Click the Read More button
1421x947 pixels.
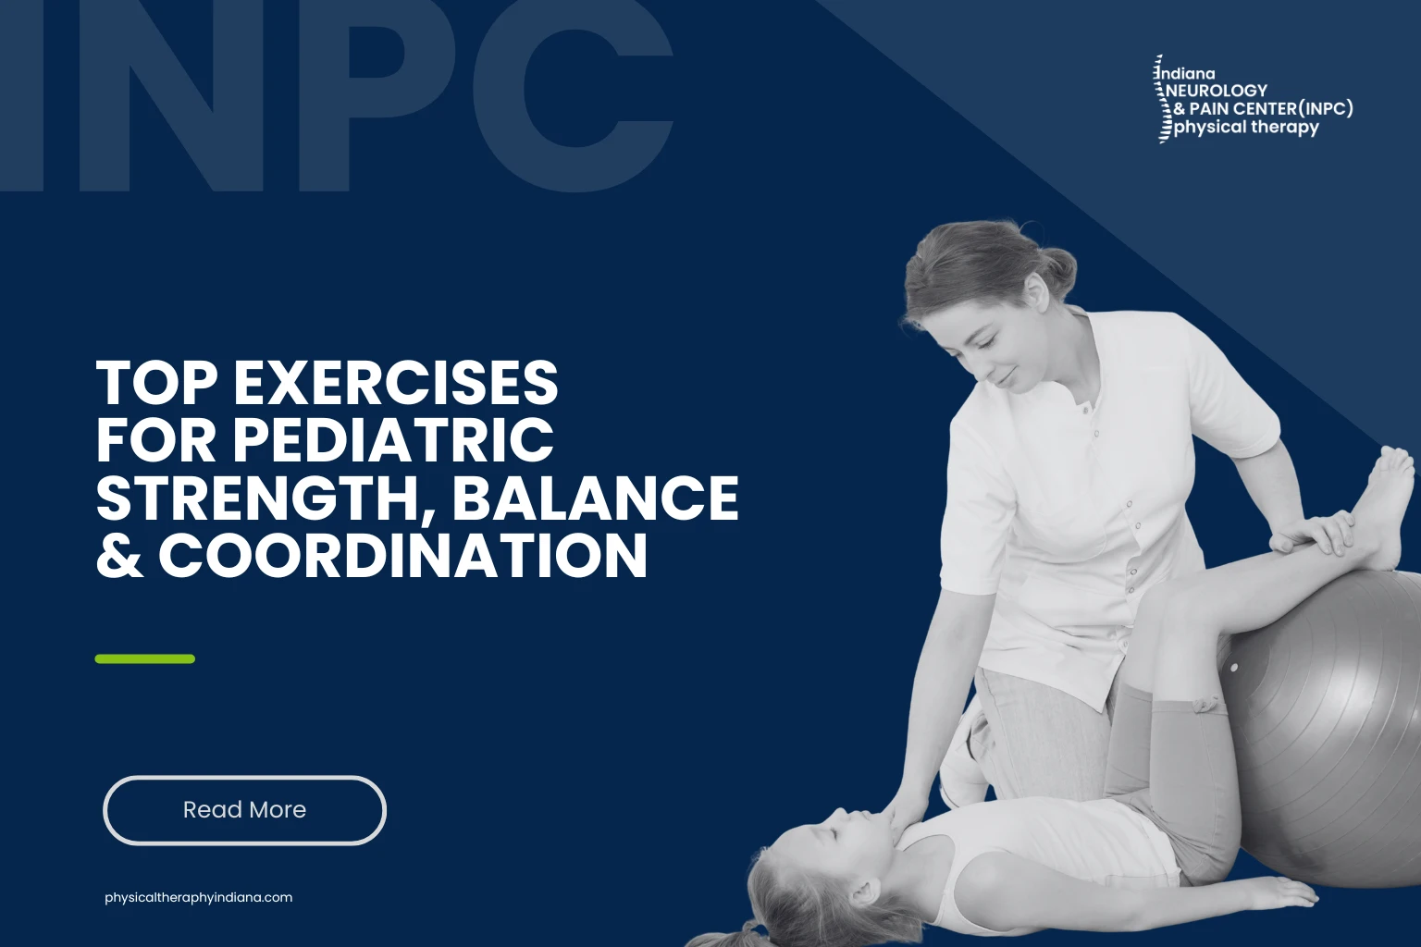click(x=244, y=810)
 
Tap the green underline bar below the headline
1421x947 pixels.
click(x=145, y=659)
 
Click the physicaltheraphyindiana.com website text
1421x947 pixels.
click(x=199, y=897)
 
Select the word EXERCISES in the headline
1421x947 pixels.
click(x=396, y=383)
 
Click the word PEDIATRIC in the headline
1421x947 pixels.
click(x=393, y=440)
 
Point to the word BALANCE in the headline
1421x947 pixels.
click(x=595, y=498)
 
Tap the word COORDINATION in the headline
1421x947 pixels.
click(x=402, y=556)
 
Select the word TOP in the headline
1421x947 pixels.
click(x=156, y=383)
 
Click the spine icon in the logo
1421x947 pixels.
click(x=1161, y=100)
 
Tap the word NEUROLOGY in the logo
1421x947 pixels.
click(x=1217, y=91)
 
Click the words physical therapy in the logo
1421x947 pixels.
click(x=1246, y=128)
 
